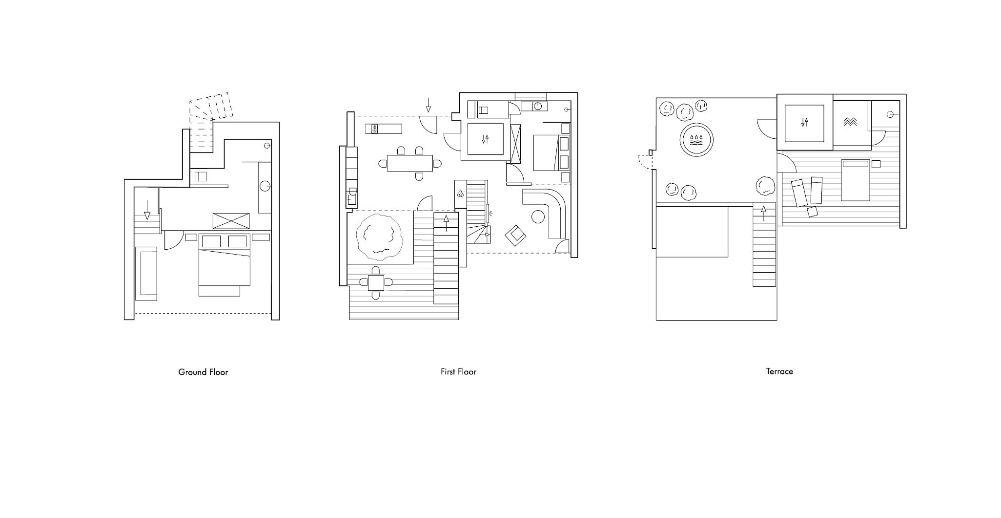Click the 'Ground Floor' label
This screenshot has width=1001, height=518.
(x=203, y=372)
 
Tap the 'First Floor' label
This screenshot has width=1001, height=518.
(x=458, y=372)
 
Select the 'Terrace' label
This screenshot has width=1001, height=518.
(x=779, y=371)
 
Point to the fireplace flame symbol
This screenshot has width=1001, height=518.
(x=460, y=194)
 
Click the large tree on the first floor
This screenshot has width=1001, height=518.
(x=379, y=237)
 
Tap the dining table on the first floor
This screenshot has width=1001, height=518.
(x=410, y=163)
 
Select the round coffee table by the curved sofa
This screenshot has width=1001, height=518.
(x=538, y=216)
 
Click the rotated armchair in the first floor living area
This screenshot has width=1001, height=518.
(x=515, y=236)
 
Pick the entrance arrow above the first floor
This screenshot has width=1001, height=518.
(x=428, y=105)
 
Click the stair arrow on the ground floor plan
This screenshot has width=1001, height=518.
(x=147, y=210)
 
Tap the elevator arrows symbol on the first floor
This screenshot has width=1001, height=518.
(x=485, y=139)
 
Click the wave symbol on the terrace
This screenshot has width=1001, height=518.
(x=850, y=122)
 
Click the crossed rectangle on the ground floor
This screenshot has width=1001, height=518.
(x=231, y=221)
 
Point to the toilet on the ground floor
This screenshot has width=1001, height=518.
(x=200, y=176)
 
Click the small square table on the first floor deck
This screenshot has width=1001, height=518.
(x=376, y=282)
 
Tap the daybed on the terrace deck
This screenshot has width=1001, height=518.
(x=856, y=180)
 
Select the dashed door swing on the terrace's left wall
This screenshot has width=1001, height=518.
(x=645, y=162)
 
